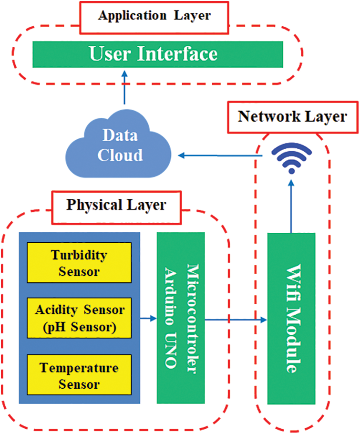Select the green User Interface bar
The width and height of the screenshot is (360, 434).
(x=158, y=54)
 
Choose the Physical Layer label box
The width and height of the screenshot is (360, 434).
(x=116, y=206)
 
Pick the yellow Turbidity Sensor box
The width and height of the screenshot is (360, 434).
(x=79, y=263)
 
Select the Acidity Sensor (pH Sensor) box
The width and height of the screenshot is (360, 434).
(x=79, y=318)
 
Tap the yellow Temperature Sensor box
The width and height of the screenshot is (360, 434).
(x=79, y=375)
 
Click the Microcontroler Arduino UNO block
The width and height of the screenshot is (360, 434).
(x=181, y=318)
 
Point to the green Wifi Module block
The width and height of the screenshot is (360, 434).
(x=292, y=318)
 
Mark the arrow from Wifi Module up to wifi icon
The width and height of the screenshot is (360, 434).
(x=291, y=205)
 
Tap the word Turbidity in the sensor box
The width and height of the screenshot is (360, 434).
(x=79, y=255)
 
